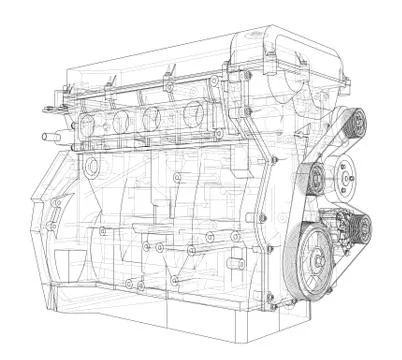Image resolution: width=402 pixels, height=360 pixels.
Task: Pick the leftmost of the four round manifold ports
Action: click(x=89, y=125)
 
